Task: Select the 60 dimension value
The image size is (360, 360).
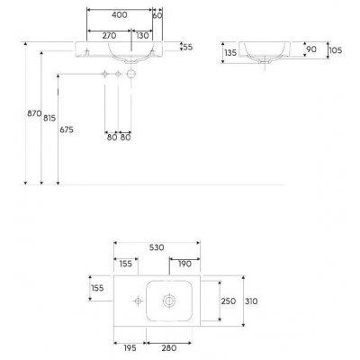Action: pyautogui.click(x=157, y=15)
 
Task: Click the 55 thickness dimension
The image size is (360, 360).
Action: pyautogui.click(x=186, y=46)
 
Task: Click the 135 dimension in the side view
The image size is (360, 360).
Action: pyautogui.click(x=229, y=53)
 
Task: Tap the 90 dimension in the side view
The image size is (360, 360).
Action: pyautogui.click(x=312, y=49)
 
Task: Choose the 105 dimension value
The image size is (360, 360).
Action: pyautogui.click(x=336, y=50)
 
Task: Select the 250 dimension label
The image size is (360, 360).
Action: pyautogui.click(x=228, y=301)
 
